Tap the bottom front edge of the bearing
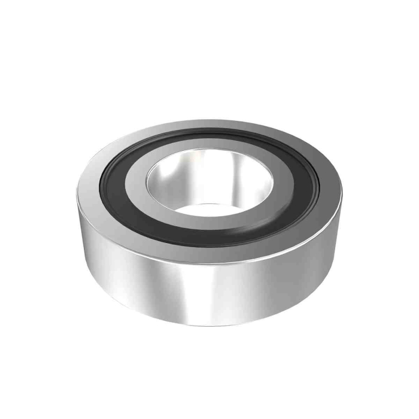coord(209,323)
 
